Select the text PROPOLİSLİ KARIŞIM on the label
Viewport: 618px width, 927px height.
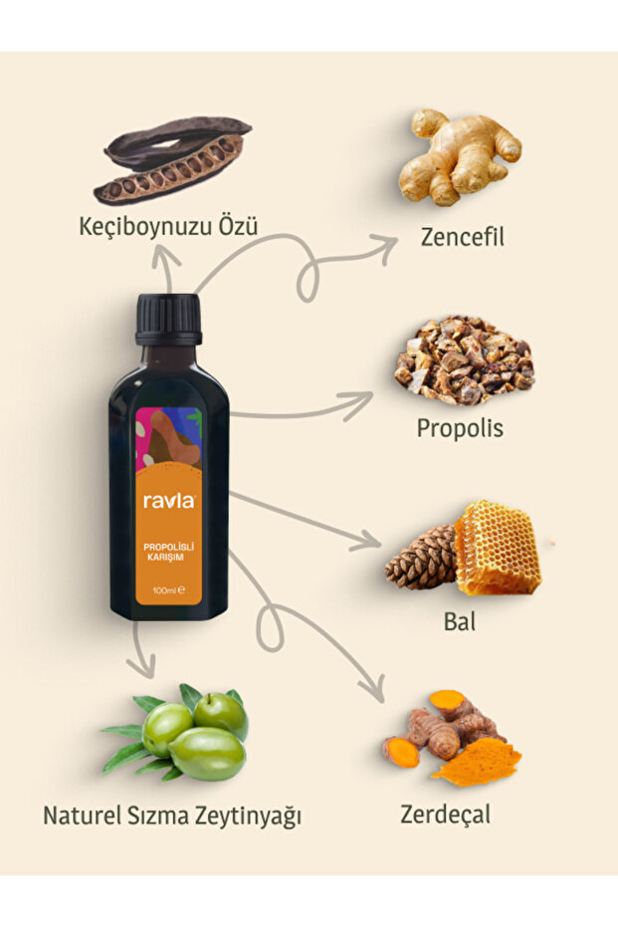168,551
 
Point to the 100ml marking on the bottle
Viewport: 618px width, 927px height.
165,591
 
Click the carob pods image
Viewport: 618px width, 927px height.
173,158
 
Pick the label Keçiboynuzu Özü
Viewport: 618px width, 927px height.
168,227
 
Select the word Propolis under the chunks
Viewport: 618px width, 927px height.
460,429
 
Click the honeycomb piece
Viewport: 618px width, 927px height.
498,549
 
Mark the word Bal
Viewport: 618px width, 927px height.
460,622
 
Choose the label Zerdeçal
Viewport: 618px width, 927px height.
446,813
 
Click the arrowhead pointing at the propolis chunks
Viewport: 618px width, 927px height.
364,399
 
